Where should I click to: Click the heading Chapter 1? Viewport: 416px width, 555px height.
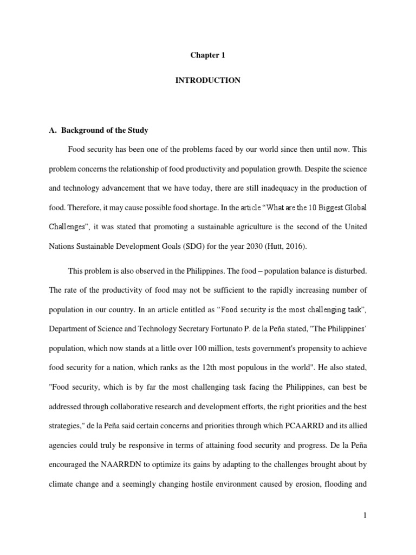(207, 55)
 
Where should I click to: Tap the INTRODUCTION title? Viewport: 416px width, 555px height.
(207, 80)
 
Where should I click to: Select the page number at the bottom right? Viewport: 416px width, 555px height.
(365, 515)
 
